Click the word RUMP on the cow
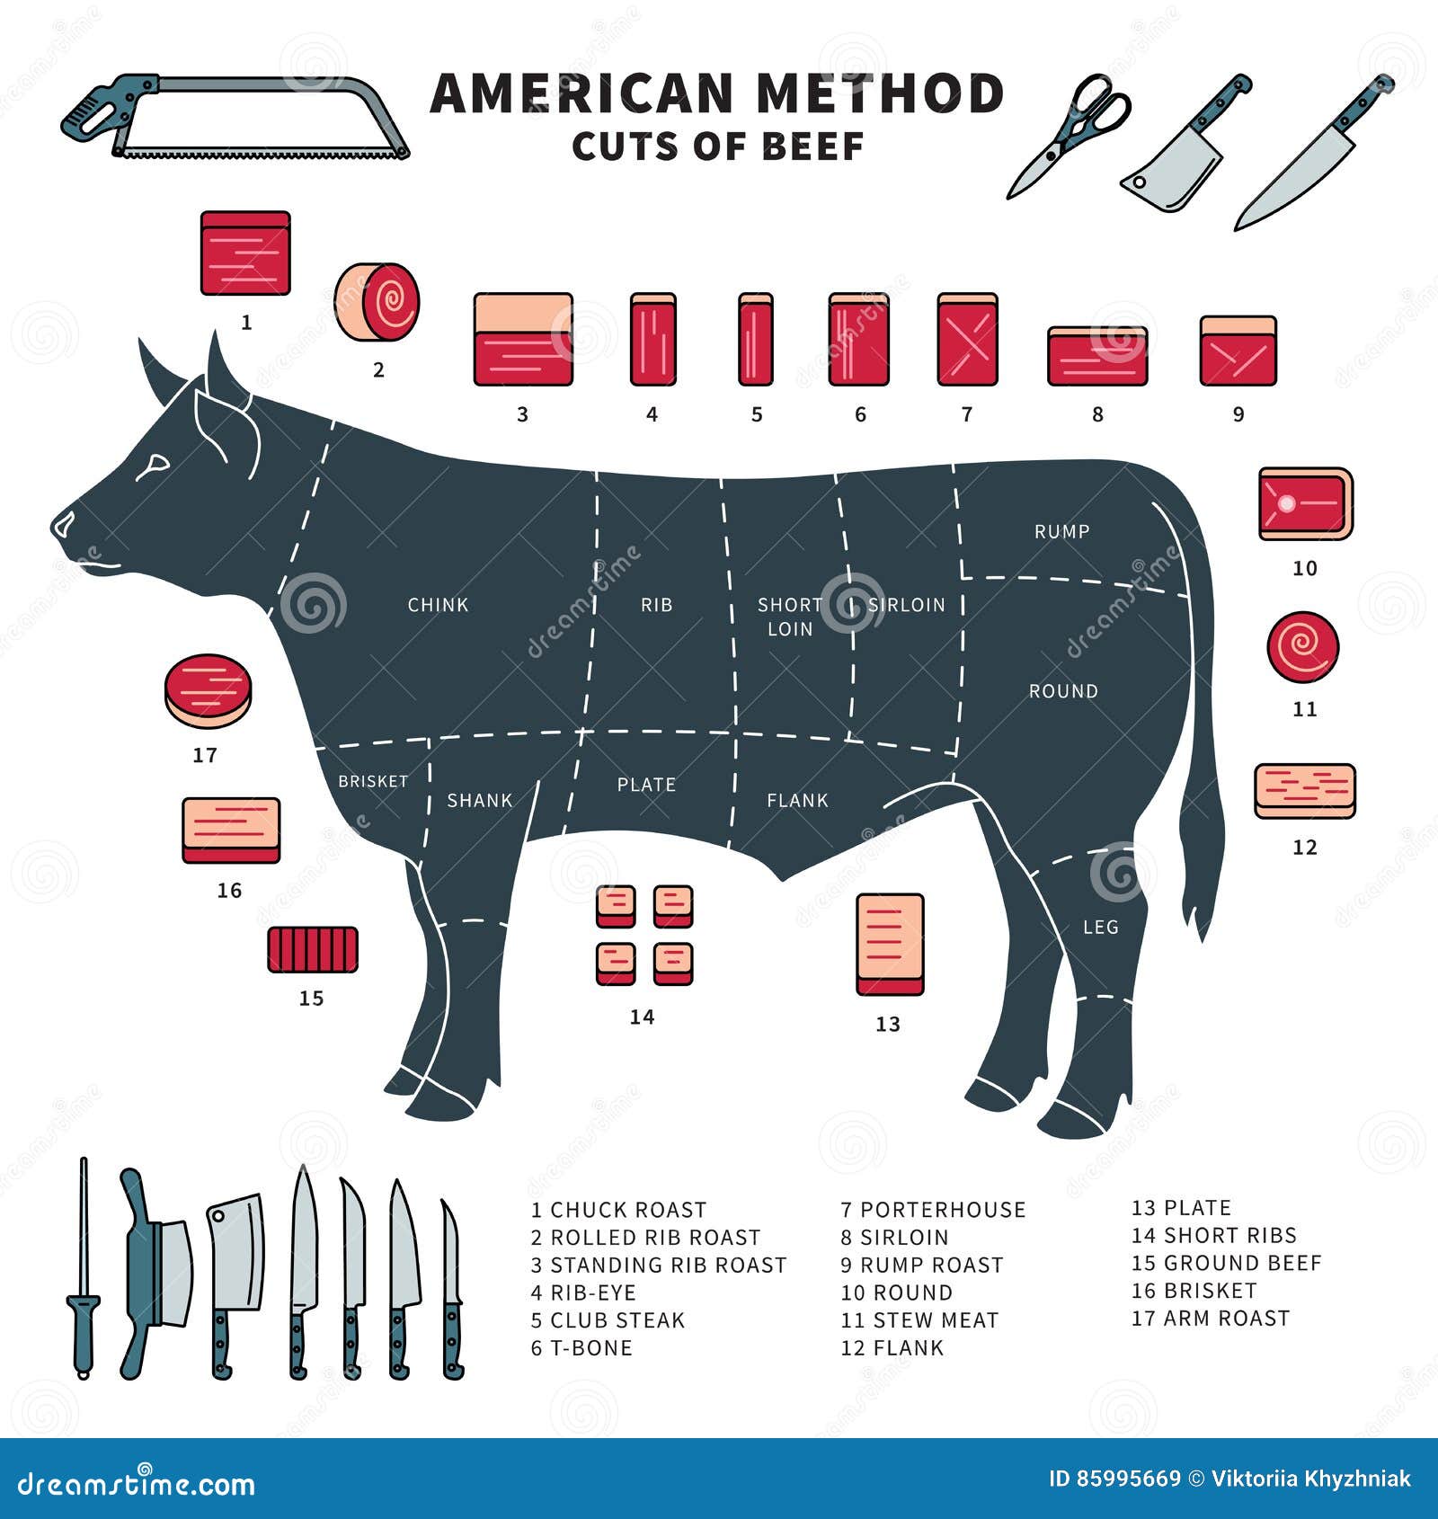click(x=1061, y=531)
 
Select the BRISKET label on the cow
click(x=373, y=781)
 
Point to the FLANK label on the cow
click(x=797, y=800)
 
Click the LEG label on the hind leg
click(x=1100, y=927)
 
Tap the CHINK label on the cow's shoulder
click(x=438, y=605)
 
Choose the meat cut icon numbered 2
click(x=377, y=302)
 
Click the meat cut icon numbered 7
click(x=967, y=339)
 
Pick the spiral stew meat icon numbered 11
click(x=1303, y=647)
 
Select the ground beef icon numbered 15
click(x=313, y=949)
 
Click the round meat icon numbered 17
click(x=208, y=690)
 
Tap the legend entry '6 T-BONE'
click(x=581, y=1347)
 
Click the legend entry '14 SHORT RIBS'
click(x=1213, y=1235)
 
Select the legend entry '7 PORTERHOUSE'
click(x=933, y=1210)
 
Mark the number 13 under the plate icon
click(x=887, y=1024)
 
